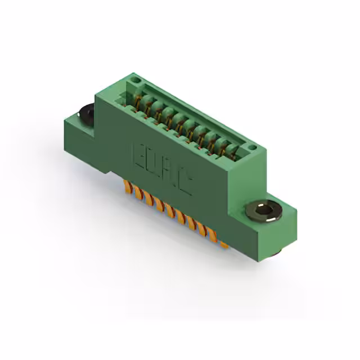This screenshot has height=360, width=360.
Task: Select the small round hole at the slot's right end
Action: coord(252,147)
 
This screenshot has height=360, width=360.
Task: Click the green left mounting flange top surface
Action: coord(79,120)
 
